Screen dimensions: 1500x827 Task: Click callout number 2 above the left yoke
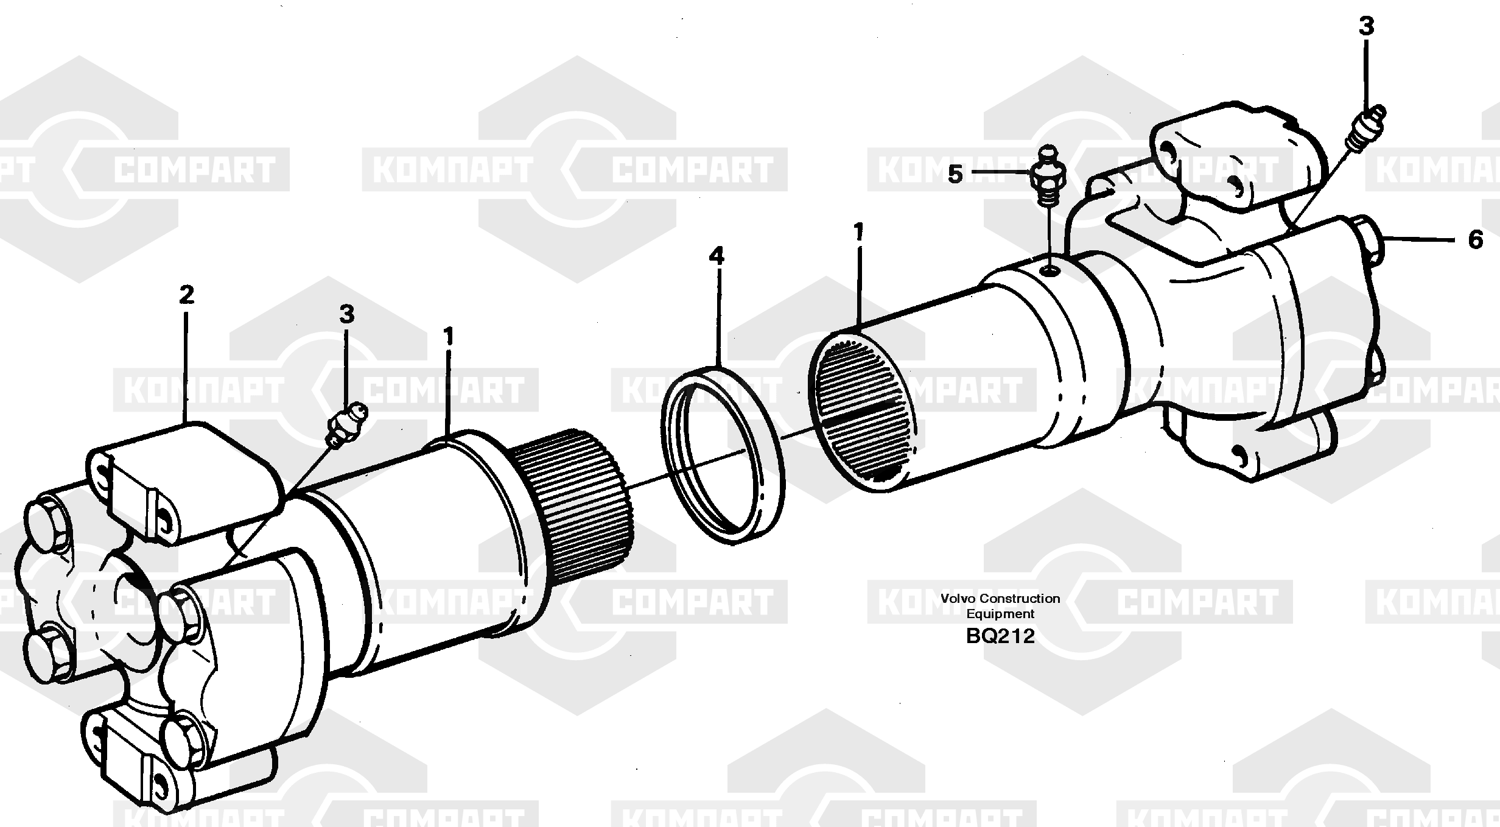click(186, 295)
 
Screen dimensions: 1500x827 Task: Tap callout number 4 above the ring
click(717, 256)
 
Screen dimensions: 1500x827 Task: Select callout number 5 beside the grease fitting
click(955, 175)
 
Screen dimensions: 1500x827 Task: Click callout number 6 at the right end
click(1475, 240)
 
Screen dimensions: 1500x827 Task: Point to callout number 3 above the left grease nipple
click(346, 315)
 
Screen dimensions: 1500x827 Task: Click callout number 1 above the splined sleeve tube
click(859, 233)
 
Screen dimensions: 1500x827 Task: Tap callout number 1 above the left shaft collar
click(449, 337)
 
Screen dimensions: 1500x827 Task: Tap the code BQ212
click(1000, 636)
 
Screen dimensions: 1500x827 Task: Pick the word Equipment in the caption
click(1000, 614)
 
